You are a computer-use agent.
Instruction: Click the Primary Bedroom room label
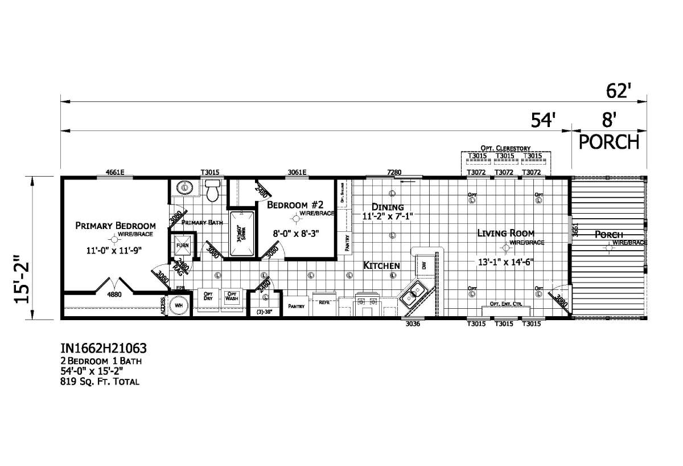pyautogui.click(x=116, y=226)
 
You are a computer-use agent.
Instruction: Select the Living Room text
pyautogui.click(x=505, y=232)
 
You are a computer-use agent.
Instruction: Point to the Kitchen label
pyautogui.click(x=382, y=265)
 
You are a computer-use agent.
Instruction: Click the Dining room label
pyautogui.click(x=388, y=207)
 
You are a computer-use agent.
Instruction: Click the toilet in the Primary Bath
pyautogui.click(x=212, y=191)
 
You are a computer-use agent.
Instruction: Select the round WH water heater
pyautogui.click(x=179, y=305)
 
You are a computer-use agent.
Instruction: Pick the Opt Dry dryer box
pyautogui.click(x=208, y=296)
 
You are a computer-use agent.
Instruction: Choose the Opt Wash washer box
pyautogui.click(x=232, y=296)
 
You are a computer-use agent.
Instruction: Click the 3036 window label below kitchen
pyautogui.click(x=413, y=324)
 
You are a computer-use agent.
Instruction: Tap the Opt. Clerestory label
pyautogui.click(x=505, y=148)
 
